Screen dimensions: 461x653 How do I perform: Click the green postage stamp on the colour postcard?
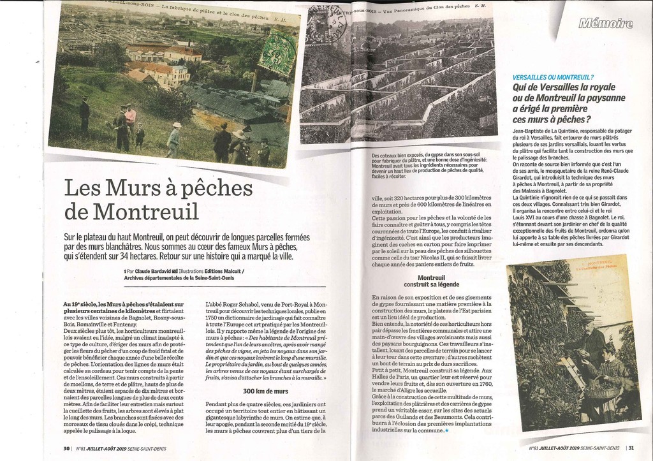(x=277, y=53)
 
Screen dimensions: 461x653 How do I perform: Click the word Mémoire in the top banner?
(x=605, y=24)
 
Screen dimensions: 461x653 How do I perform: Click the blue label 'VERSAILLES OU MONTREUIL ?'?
(x=553, y=77)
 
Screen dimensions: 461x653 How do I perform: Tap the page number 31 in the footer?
(x=631, y=448)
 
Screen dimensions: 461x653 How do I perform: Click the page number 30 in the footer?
(x=66, y=448)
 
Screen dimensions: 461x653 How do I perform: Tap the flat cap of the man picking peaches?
(x=587, y=319)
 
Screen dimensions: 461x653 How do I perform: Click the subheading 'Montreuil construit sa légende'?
(x=430, y=281)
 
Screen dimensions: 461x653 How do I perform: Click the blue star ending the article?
(x=447, y=431)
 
